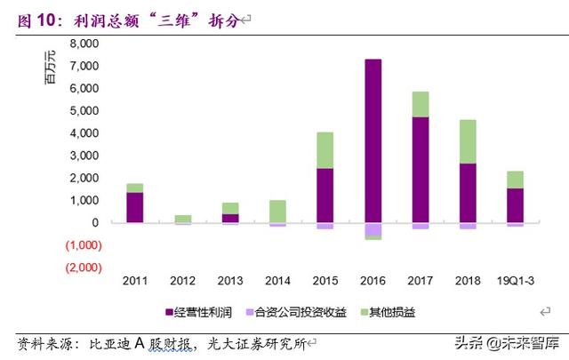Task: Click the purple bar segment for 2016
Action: point(373,140)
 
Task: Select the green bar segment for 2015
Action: point(325,150)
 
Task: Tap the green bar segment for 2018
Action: point(468,141)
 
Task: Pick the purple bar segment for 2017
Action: point(421,169)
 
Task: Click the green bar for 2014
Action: point(277,211)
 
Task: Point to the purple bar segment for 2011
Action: point(135,207)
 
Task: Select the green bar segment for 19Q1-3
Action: point(515,180)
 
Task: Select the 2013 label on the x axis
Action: point(229,280)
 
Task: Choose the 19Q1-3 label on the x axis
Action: point(515,280)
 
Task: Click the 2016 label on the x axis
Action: point(373,280)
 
